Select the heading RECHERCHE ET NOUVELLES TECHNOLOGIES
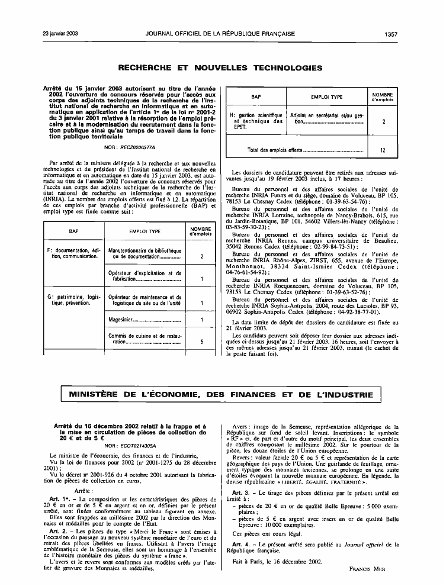(x=220, y=67)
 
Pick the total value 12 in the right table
(x=383, y=151)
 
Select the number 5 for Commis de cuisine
(x=201, y=342)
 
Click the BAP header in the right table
(x=256, y=96)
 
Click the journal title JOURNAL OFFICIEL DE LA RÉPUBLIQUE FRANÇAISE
(x=220, y=34)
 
